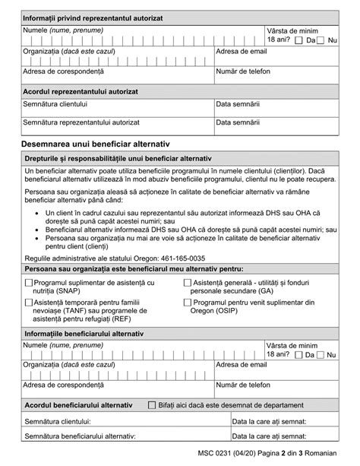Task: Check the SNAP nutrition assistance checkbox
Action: pos(28,283)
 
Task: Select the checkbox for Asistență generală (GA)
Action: pos(187,283)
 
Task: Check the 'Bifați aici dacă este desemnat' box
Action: pos(152,405)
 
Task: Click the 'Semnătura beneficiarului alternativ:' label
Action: pos(80,436)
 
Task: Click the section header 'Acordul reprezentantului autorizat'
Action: pos(81,90)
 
